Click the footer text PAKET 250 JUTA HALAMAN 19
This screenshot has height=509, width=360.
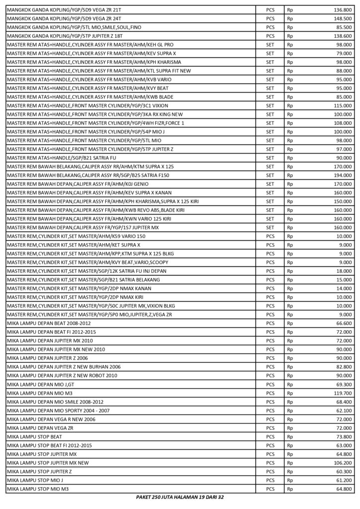click(x=180, y=497)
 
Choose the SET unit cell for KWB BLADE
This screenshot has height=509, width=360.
click(x=270, y=97)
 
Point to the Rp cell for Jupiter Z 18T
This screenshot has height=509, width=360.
click(x=290, y=36)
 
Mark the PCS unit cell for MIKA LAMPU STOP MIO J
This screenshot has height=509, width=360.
click(x=270, y=480)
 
